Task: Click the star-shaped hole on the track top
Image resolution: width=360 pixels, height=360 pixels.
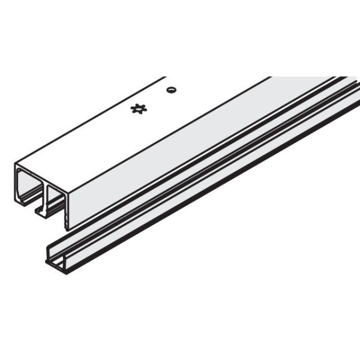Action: tap(139, 109)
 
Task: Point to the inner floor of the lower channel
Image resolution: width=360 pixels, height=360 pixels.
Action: tap(180, 198)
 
